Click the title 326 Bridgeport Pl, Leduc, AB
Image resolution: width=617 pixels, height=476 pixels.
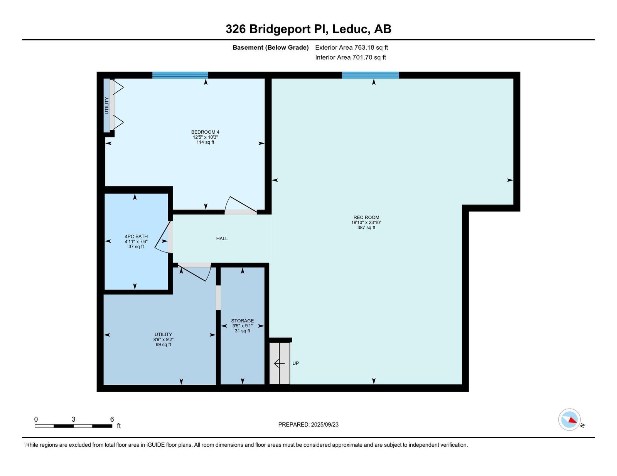(308, 29)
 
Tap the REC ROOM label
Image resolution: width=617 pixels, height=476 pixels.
(366, 218)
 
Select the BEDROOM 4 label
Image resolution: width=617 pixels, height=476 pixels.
(205, 132)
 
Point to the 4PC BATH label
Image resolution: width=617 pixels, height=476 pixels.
(136, 236)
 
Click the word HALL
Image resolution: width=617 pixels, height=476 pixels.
(222, 239)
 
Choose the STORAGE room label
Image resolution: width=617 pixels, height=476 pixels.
(242, 321)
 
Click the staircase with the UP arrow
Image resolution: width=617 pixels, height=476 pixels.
(280, 363)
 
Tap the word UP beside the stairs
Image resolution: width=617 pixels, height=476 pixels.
(295, 364)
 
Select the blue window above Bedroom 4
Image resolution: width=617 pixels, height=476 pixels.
(180, 75)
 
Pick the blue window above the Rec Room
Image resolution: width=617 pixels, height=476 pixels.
(370, 75)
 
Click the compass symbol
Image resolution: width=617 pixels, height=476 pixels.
(569, 420)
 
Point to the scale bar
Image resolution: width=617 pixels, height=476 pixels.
(73, 426)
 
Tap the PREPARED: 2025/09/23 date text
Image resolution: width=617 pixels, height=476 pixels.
(308, 425)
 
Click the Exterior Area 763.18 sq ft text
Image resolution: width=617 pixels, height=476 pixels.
(352, 48)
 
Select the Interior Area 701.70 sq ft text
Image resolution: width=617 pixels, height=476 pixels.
(351, 57)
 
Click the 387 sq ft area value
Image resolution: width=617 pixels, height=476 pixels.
(366, 228)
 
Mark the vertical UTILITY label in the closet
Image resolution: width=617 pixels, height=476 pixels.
(107, 106)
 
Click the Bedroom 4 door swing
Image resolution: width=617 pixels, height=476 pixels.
(241, 205)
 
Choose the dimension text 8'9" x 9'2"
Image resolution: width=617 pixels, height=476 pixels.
(163, 340)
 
